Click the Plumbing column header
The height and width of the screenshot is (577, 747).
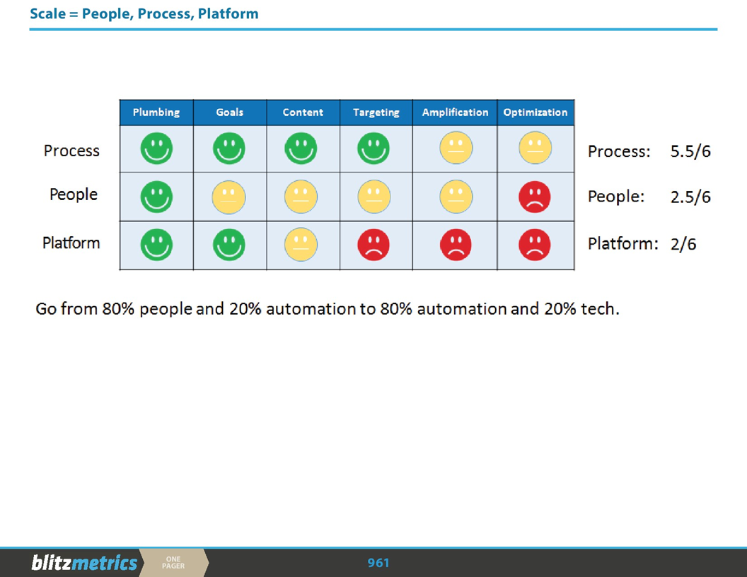click(x=156, y=112)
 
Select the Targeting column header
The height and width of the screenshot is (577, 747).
click(x=376, y=112)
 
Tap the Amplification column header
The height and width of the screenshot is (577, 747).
click(x=455, y=112)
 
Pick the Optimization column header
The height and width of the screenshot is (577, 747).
click(x=535, y=112)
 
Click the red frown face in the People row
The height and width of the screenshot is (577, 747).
click(x=535, y=197)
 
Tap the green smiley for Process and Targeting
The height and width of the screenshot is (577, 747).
click(x=373, y=150)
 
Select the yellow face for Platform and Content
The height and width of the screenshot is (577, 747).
click(x=301, y=245)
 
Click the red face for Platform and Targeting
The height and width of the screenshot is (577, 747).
click(x=373, y=245)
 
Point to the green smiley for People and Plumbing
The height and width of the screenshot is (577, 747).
click(x=156, y=197)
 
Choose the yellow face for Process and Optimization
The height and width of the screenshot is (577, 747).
click(x=535, y=150)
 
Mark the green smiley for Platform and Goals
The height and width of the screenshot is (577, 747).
click(x=229, y=245)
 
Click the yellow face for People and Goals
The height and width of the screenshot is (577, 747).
click(x=229, y=197)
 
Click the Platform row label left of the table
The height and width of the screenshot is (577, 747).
click(x=71, y=243)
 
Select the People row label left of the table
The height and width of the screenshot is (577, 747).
click(x=74, y=194)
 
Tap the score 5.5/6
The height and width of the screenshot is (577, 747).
click(x=690, y=152)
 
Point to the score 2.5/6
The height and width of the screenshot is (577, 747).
click(x=690, y=197)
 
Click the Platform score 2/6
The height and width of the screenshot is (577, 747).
click(x=683, y=245)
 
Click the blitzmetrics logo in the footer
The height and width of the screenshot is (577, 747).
click(x=84, y=563)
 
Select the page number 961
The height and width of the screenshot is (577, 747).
click(x=378, y=563)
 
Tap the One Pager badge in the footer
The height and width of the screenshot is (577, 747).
click(x=173, y=563)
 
